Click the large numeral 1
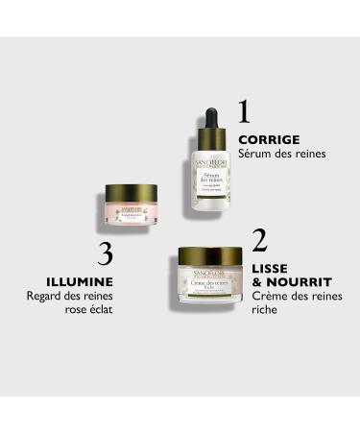pyautogui.click(x=244, y=111)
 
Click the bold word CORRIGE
pyautogui.click(x=269, y=139)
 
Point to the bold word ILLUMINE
pyautogui.click(x=80, y=281)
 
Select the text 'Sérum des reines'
pyautogui.click(x=282, y=154)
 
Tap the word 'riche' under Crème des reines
pyautogui.click(x=265, y=312)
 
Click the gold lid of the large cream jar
pyautogui.click(x=210, y=257)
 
